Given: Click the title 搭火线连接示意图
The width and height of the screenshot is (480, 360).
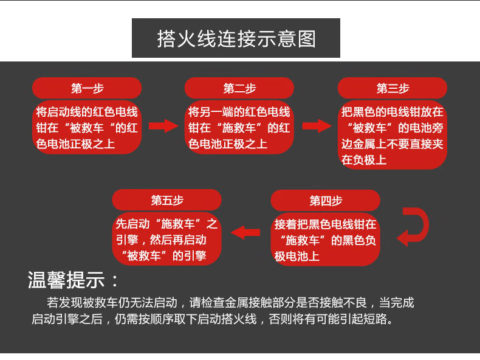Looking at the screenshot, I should [x=236, y=38].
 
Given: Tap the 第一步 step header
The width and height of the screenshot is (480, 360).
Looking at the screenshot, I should [x=87, y=88].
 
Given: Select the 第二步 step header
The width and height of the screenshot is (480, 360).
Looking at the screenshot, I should [x=239, y=88].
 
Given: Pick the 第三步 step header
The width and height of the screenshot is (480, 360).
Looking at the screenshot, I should [x=393, y=88].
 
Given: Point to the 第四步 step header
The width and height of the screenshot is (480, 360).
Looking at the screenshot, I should [x=326, y=201].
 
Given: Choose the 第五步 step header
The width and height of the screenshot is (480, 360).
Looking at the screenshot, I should [x=167, y=200].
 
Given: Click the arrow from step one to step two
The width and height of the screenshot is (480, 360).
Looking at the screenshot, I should [x=163, y=126].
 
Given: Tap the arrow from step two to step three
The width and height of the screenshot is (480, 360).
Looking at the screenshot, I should [x=317, y=126].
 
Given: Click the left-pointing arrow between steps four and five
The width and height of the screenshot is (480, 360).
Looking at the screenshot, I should [x=245, y=232].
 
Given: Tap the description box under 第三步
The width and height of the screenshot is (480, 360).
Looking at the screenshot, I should [x=393, y=136].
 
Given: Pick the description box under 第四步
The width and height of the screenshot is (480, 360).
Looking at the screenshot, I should [x=326, y=240].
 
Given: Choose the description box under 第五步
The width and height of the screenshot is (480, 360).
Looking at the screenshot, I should [x=167, y=240].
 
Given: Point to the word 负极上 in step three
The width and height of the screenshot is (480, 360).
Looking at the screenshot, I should [x=364, y=160].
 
